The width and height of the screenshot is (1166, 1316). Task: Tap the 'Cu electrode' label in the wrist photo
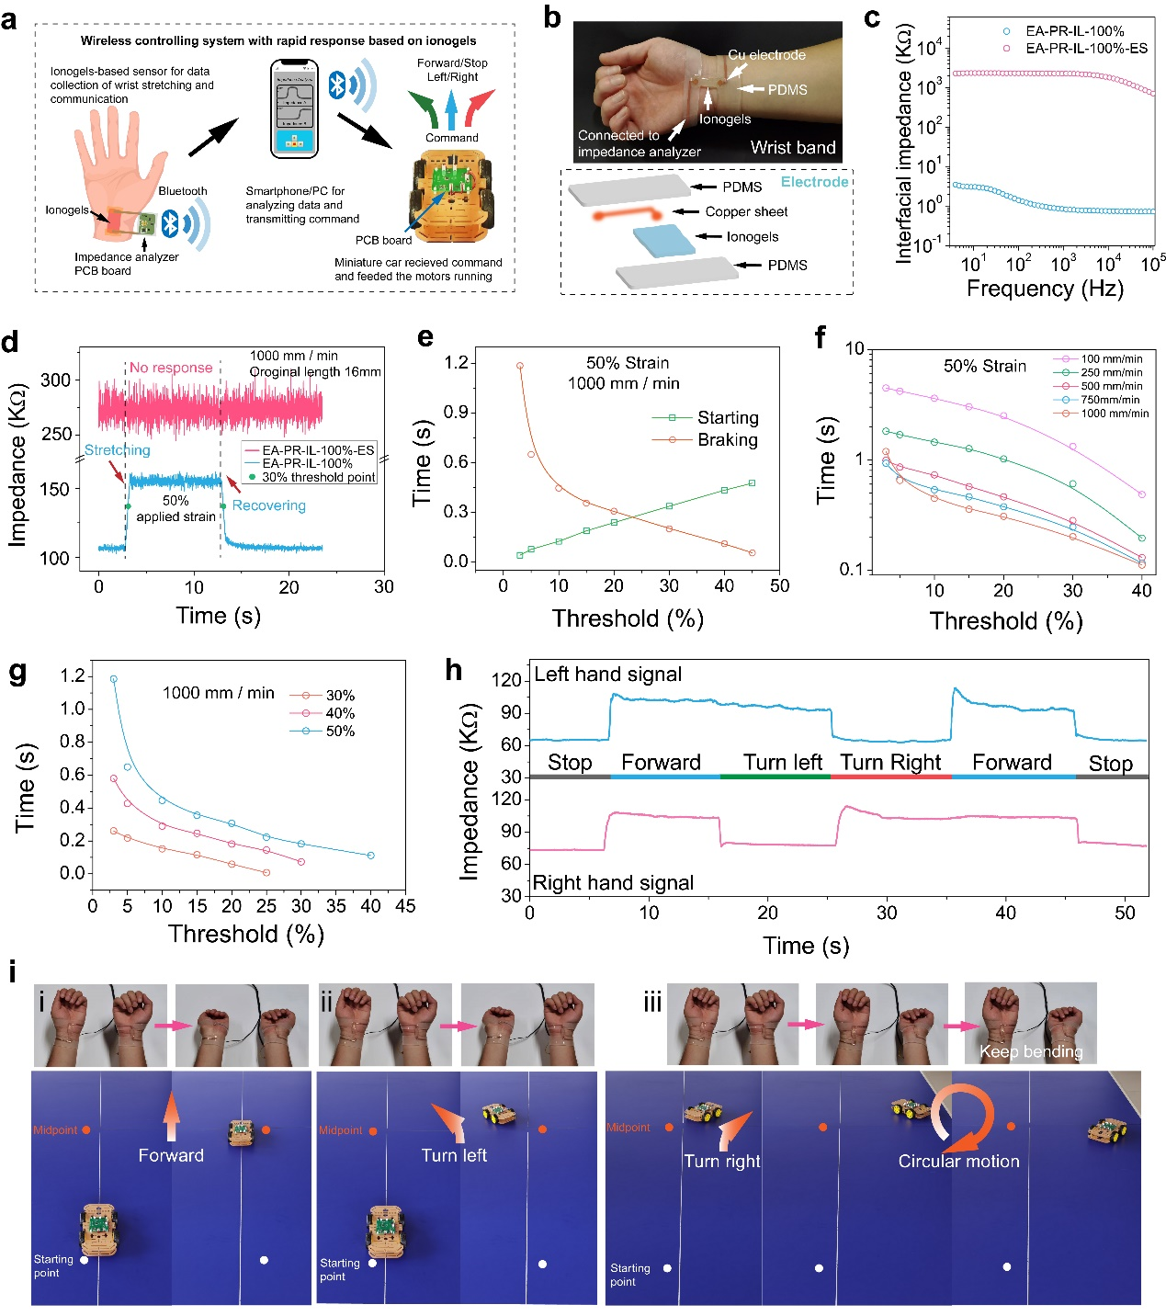766,55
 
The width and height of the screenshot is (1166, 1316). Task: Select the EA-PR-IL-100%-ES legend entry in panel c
1086,48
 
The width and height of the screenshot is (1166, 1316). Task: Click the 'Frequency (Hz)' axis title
1045,289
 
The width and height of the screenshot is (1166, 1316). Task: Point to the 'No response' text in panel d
171,368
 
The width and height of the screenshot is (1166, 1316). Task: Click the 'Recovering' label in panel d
268,505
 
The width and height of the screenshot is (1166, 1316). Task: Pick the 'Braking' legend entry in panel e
727,440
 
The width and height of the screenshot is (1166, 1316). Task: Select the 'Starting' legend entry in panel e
727,418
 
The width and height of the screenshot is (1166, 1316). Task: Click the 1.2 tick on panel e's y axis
457,363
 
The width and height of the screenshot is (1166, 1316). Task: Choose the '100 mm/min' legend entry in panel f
1111,359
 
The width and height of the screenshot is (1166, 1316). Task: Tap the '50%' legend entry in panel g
340,732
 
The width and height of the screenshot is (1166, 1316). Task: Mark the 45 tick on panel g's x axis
405,906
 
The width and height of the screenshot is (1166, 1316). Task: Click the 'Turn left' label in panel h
783,763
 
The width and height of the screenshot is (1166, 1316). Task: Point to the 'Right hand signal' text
613,883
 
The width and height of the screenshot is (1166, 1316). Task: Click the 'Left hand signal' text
607,675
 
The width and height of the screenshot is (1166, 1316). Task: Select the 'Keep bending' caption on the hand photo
1030,1051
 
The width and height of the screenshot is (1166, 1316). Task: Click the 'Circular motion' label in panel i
958,1162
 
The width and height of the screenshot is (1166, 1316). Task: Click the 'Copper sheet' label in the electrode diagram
746,211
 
